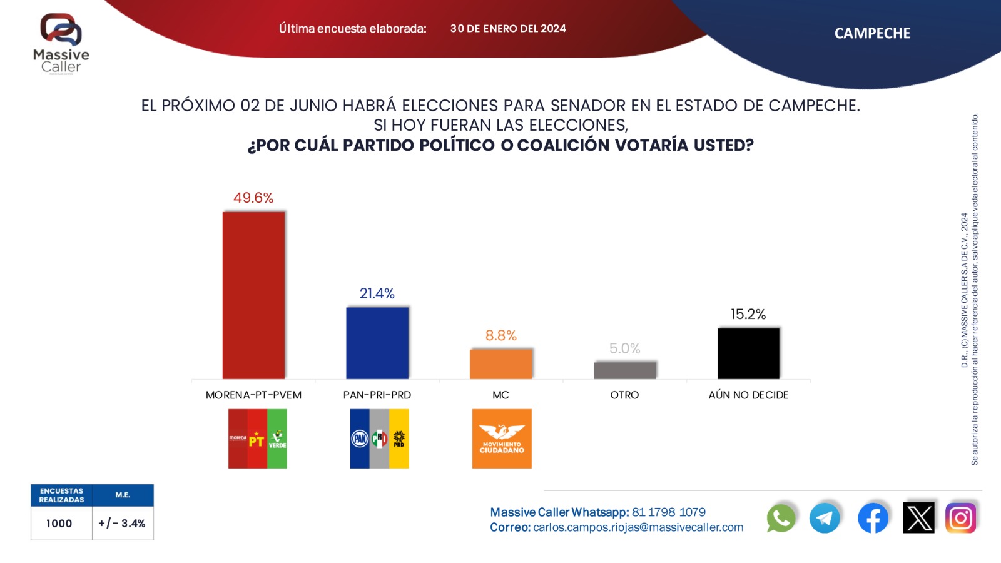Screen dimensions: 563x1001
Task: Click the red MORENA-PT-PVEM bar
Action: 253,295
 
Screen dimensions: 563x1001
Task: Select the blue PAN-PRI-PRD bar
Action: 377,343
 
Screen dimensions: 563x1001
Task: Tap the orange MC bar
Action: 500,364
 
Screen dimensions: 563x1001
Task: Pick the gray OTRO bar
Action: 624,370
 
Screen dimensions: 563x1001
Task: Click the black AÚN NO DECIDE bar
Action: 748,353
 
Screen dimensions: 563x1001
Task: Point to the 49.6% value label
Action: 253,198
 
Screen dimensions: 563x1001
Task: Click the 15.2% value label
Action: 748,314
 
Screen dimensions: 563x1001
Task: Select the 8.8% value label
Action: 500,335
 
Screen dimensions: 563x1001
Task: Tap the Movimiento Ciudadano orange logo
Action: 502,439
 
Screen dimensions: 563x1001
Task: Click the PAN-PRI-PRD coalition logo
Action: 379,439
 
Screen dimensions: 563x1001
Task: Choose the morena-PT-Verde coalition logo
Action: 257,439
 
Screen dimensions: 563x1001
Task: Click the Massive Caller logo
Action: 61,44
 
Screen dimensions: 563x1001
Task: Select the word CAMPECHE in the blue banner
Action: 872,33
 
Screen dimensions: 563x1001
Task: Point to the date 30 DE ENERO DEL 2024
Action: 508,28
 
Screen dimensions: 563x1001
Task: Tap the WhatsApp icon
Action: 781,518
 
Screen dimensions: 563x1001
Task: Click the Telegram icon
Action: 825,518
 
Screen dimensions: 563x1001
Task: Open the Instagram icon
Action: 960,518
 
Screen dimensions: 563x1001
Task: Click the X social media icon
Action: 918,518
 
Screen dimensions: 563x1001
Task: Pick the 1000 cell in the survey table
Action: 59,524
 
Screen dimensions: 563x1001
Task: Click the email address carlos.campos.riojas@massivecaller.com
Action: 638,527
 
